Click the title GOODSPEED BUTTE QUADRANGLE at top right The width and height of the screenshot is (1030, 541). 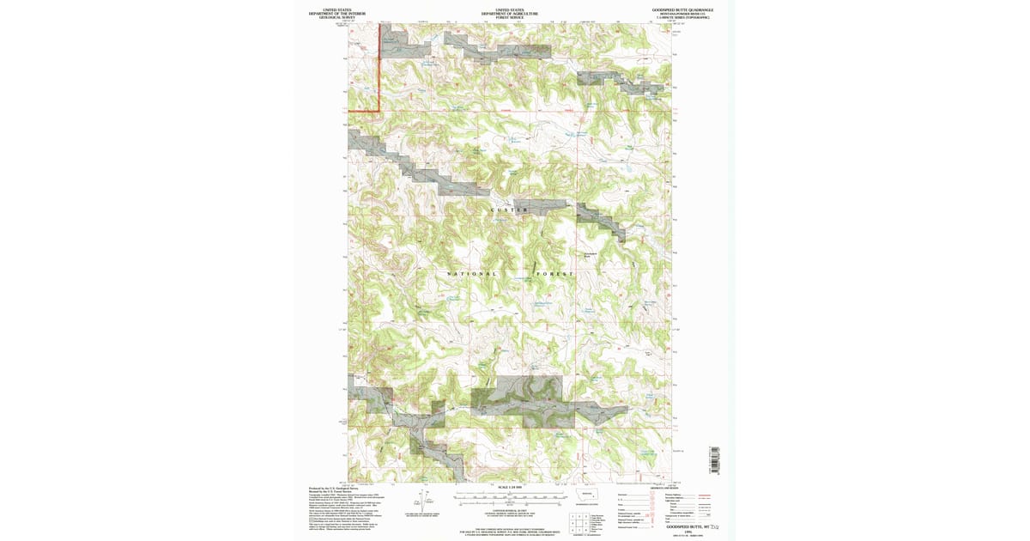[682, 9]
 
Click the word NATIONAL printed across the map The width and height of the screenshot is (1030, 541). [472, 274]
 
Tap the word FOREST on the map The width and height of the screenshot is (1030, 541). [554, 274]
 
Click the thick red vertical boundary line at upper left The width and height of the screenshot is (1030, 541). [380, 69]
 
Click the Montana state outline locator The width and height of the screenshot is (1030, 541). [588, 495]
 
